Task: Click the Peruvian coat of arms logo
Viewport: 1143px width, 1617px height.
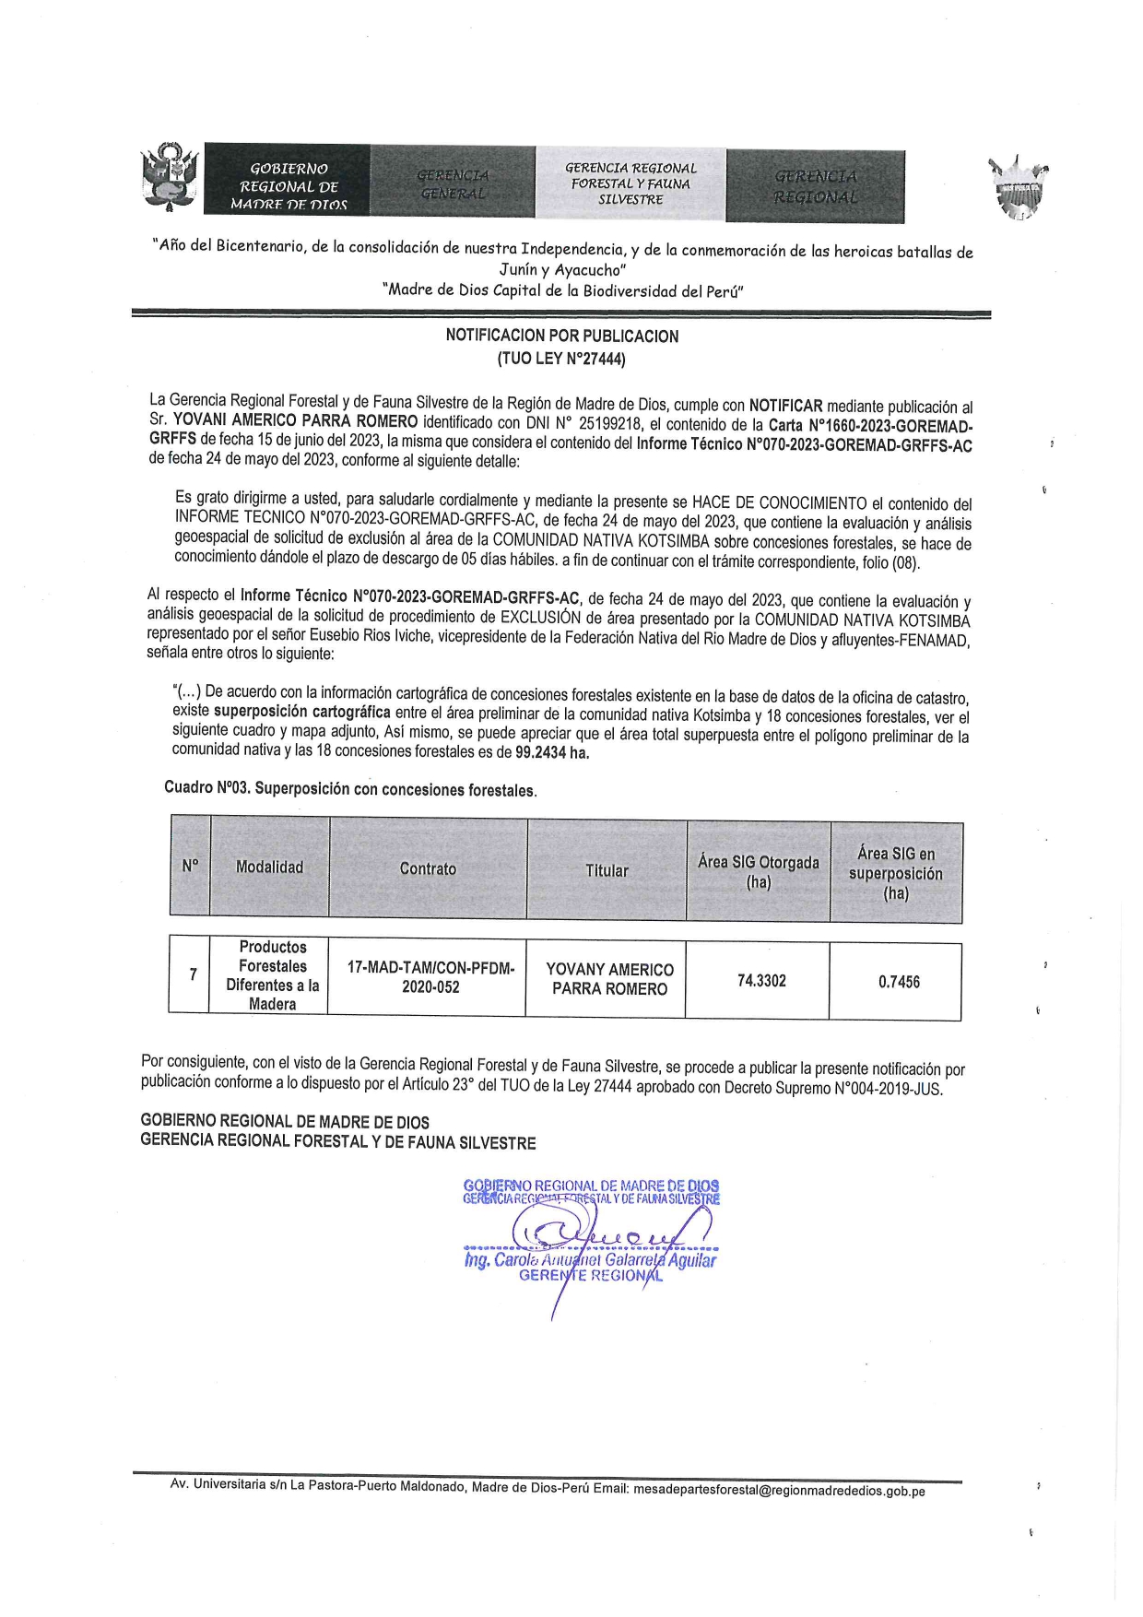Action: tap(170, 178)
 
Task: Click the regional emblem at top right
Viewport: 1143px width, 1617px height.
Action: tap(1019, 187)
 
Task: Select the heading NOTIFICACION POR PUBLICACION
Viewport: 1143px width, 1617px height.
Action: tap(561, 336)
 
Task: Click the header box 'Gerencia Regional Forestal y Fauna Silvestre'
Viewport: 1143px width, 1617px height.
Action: tap(630, 183)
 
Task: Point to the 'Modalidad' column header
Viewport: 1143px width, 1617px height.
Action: tap(269, 868)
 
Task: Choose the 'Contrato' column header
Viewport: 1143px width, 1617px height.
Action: tap(428, 869)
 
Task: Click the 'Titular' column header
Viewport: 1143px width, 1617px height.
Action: tap(607, 871)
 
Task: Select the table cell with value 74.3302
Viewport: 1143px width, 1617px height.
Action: tap(761, 981)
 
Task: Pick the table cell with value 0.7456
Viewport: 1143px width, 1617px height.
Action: tap(899, 983)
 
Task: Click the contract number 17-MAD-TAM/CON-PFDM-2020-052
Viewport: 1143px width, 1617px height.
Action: tap(430, 977)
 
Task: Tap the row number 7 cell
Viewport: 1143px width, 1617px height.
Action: tap(193, 974)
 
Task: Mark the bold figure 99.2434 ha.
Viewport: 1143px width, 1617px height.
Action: tap(552, 752)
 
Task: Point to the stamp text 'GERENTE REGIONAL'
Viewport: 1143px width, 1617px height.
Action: tap(590, 1276)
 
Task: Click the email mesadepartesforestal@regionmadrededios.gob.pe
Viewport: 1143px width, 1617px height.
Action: tap(779, 1491)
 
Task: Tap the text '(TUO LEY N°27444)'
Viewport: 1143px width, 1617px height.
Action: tap(561, 360)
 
